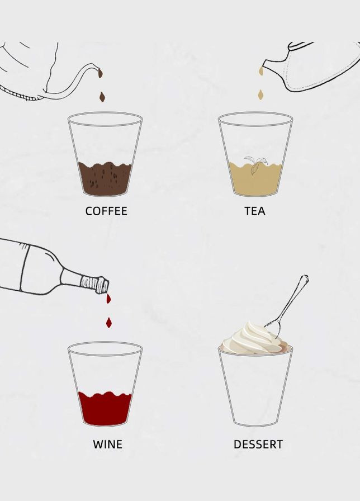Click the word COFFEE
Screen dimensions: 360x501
(106, 211)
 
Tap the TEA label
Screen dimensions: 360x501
(255, 211)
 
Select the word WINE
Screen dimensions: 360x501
(108, 445)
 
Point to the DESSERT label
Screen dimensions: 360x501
(258, 445)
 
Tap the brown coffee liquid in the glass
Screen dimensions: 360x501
(105, 178)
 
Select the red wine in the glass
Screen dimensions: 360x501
(105, 408)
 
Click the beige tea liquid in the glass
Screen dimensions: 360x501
(255, 179)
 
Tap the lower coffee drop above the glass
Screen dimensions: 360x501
(102, 97)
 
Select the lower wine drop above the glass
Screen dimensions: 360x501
(109, 323)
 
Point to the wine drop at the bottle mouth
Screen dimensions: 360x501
(108, 299)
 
